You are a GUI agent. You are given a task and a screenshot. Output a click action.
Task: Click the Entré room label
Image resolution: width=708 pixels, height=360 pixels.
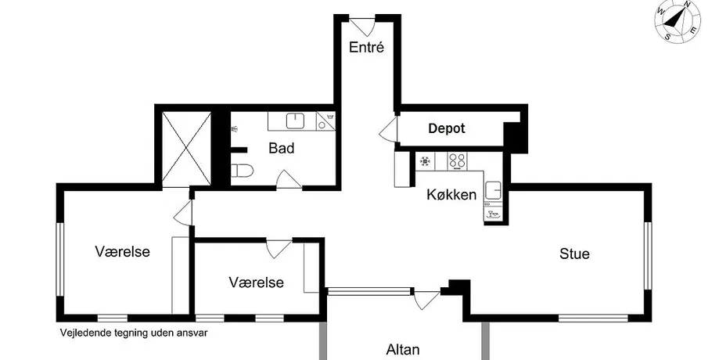[366, 47]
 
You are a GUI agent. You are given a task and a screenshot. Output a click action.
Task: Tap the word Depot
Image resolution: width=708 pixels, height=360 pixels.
[446, 128]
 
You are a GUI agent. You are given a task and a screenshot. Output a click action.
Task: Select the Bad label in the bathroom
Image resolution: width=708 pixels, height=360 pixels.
[282, 148]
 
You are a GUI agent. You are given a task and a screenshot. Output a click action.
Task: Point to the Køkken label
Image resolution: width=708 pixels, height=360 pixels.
[451, 194]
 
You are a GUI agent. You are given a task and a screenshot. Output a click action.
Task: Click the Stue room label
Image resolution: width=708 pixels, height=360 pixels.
[574, 254]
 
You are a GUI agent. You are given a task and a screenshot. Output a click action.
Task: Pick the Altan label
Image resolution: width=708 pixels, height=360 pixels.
[403, 349]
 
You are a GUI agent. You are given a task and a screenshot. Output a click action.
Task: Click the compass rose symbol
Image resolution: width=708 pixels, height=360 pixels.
[677, 22]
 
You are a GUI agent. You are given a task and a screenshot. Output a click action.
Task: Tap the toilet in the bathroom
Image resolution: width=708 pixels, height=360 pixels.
[242, 171]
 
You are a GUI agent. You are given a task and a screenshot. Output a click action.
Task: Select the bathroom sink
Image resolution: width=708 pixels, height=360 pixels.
[295, 121]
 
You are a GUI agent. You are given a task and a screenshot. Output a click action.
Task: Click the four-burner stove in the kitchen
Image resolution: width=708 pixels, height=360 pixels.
[457, 160]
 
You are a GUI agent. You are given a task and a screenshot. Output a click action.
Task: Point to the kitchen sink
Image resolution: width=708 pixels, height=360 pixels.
[493, 191]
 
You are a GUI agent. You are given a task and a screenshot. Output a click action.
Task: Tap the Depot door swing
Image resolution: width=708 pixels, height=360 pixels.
[388, 129]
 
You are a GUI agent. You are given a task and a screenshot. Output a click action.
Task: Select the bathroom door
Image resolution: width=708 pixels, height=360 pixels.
[289, 178]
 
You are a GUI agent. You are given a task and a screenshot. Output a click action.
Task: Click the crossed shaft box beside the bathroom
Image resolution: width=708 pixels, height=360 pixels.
[186, 149]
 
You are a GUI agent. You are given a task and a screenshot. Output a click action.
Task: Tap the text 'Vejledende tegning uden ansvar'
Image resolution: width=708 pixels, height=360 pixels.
[134, 333]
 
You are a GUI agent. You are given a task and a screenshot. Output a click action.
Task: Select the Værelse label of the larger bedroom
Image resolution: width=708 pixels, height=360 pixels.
[122, 251]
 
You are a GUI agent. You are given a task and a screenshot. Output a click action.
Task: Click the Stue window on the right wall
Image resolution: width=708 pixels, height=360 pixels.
[648, 255]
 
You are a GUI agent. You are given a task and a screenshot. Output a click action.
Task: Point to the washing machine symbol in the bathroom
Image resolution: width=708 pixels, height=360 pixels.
[325, 121]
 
